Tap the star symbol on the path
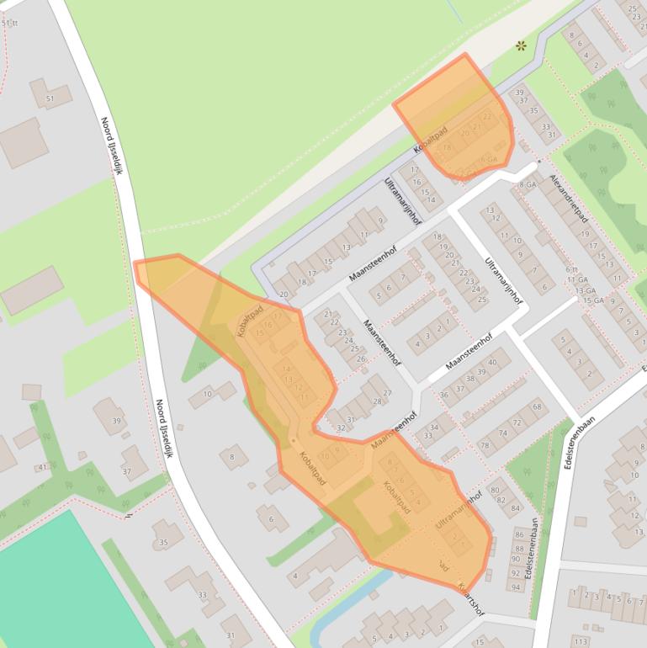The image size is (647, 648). click(x=522, y=45)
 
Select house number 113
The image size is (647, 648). click(x=580, y=641)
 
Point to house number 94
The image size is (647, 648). click(x=515, y=587)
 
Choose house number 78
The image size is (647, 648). click(x=484, y=446)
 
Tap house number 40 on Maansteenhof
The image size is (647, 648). click(x=493, y=363)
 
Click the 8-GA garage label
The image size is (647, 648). click(x=528, y=184)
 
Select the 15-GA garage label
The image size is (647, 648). click(x=593, y=300)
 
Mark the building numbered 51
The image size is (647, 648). click(x=50, y=99)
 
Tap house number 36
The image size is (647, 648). click(x=444, y=395)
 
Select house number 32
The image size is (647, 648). click(x=340, y=428)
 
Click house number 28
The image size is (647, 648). click(x=378, y=401)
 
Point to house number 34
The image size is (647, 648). click(x=434, y=428)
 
